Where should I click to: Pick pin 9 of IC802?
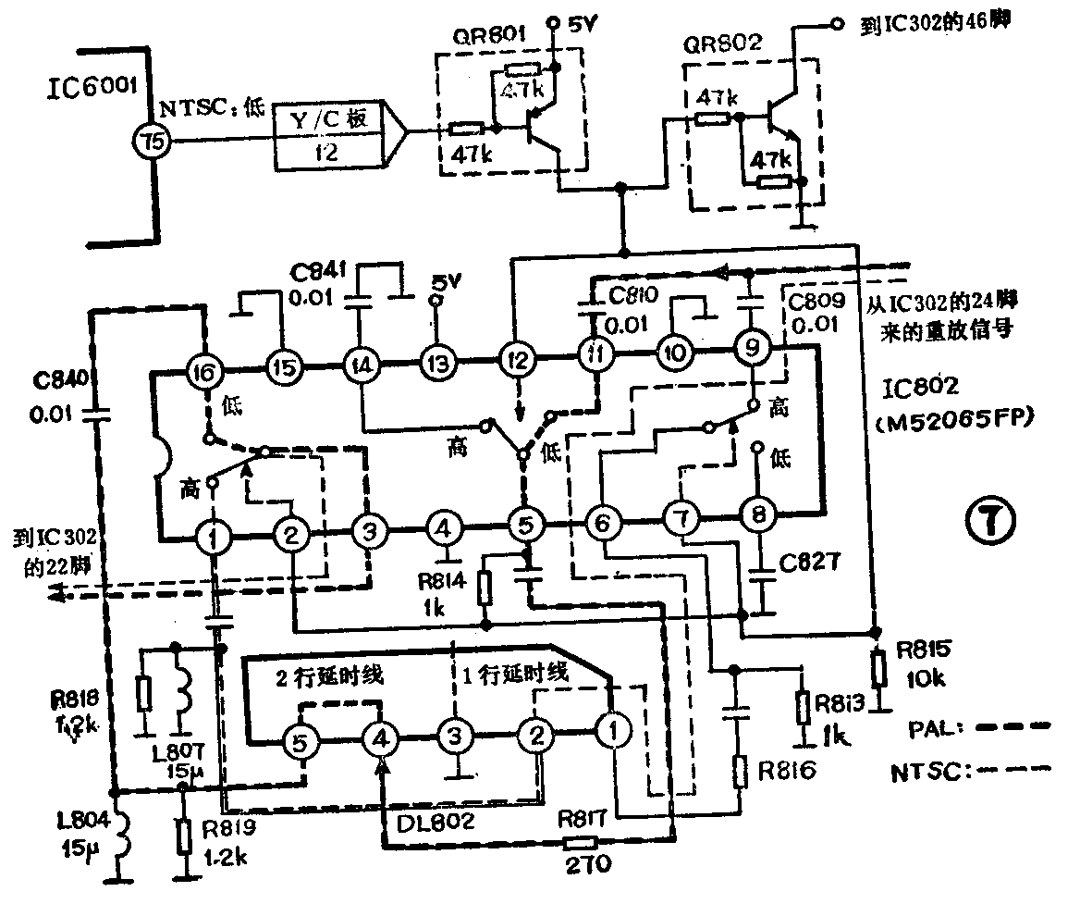pos(752,351)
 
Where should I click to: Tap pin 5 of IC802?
pos(524,526)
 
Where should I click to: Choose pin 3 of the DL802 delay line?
pos(453,737)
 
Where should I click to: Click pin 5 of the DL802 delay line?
pos(299,740)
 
